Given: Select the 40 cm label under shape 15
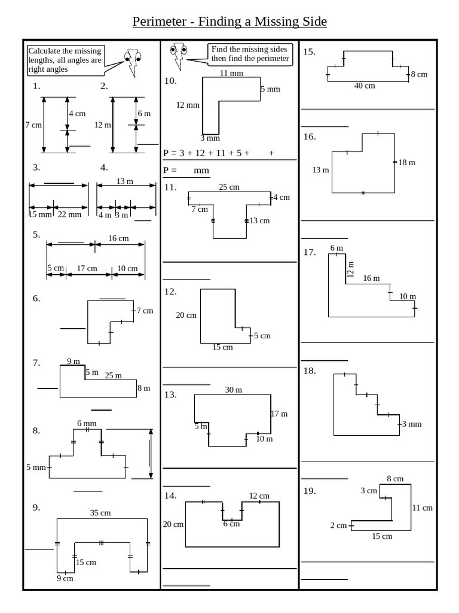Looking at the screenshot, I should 365,86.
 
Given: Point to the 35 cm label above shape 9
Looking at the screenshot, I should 100,512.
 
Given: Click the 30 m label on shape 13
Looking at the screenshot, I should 233,390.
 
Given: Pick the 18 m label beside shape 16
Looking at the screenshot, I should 406,163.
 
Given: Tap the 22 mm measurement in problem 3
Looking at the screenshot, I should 67,215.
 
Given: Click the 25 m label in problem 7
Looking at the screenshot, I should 113,375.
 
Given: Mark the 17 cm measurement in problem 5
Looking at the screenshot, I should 87,268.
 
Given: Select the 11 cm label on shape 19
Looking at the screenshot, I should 422,508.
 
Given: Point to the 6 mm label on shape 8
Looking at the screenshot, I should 87,423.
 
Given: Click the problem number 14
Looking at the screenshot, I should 170,495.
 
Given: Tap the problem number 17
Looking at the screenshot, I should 309,252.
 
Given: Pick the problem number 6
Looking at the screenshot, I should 36,298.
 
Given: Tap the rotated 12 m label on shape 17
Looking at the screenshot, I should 351,270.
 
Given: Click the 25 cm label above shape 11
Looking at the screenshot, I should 229,187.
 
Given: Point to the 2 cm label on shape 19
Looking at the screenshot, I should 338,526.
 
